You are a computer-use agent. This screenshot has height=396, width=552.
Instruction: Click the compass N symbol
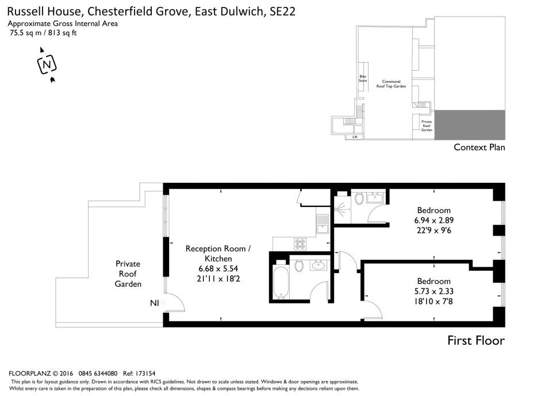47,64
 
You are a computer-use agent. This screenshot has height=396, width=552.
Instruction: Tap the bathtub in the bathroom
281,282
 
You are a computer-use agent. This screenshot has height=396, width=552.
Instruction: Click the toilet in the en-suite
360,199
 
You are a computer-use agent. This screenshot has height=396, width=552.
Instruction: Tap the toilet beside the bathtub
298,265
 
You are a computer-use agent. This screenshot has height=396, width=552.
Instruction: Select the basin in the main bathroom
318,265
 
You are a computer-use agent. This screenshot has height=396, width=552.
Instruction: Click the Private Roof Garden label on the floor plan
127,274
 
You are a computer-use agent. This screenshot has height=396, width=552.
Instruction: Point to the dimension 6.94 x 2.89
434,220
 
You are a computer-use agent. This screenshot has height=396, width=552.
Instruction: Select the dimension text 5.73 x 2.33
434,291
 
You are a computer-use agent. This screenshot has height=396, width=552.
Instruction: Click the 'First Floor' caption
476,341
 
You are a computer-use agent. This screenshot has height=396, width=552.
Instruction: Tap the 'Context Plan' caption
479,147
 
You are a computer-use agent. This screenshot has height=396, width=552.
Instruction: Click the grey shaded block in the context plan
469,125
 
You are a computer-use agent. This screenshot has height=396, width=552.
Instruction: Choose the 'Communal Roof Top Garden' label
391,83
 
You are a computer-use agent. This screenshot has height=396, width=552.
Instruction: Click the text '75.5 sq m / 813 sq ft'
43,33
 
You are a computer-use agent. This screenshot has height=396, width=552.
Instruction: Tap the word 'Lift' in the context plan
355,137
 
